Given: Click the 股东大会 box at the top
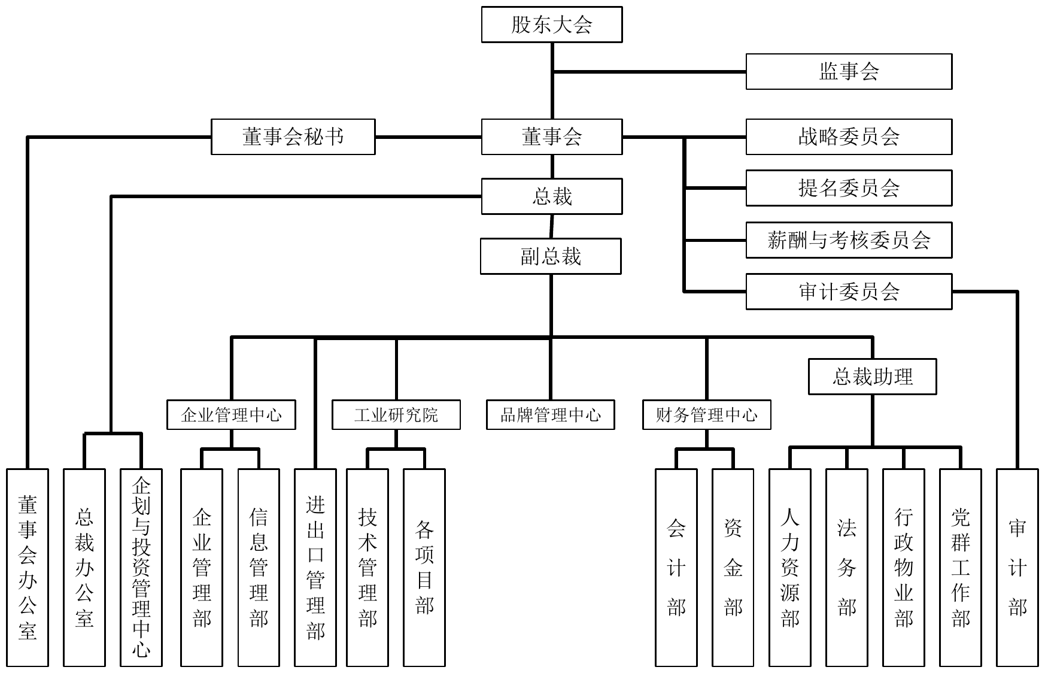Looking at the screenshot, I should coord(551,25).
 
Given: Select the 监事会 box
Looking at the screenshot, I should coord(848,72).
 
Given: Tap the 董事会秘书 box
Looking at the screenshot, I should coord(293,137).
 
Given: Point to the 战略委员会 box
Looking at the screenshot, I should coord(848,137).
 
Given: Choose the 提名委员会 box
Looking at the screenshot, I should coord(848,188).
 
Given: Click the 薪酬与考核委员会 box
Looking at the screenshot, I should coord(848,240).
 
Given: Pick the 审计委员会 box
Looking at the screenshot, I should coord(848,292).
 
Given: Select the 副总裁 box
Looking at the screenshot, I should coord(551,256).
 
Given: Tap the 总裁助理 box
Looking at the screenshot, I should coord(872,377).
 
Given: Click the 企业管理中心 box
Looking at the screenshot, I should coord(231,415).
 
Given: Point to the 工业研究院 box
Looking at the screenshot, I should coord(396,415).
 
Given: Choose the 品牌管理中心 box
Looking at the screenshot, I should coord(550,415).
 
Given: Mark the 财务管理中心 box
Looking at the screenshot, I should coord(706,415).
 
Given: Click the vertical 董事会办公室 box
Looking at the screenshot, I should coord(28,567).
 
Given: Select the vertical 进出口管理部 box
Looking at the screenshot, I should coord(315,567).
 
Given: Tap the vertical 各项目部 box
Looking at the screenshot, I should coord(424,567).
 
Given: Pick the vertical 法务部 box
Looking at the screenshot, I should coord(846,567).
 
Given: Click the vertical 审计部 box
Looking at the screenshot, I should coord(1017,567).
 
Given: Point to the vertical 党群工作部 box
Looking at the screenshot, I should coord(960,567).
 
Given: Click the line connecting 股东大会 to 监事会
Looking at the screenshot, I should coord(649,72).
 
